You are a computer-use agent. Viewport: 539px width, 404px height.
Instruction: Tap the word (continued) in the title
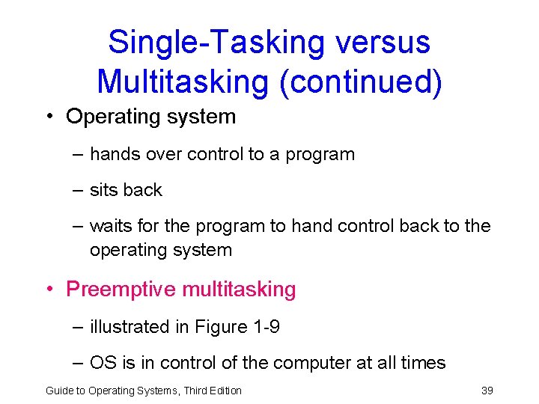[361, 81]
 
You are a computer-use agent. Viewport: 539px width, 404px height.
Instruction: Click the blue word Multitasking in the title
[183, 81]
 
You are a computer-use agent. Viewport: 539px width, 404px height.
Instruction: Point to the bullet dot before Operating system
[49, 117]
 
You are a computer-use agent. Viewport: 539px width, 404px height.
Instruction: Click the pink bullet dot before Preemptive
[49, 290]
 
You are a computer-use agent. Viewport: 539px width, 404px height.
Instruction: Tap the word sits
[103, 191]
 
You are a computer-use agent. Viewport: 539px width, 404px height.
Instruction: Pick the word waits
[109, 226]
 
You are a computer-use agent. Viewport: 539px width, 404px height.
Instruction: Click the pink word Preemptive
[118, 290]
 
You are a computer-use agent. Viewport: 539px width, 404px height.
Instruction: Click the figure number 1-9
[265, 327]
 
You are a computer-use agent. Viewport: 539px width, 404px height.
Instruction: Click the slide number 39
[487, 390]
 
